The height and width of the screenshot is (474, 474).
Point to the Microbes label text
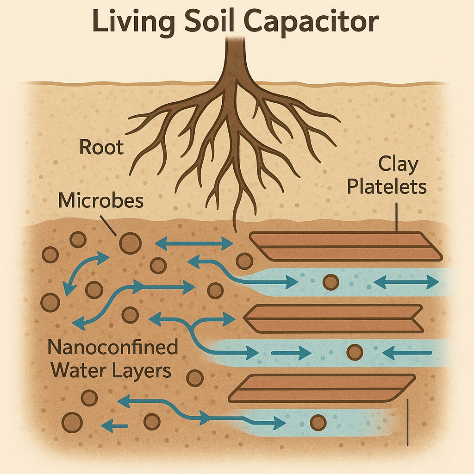click(101, 201)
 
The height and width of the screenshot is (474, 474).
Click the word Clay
click(398, 164)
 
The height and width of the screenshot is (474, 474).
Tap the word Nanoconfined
click(113, 348)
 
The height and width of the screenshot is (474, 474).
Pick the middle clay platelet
click(333, 318)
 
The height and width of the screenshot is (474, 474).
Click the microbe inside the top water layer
click(331, 282)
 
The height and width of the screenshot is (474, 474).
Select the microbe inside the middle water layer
click(355, 352)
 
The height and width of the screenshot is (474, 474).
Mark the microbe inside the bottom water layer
click(318, 422)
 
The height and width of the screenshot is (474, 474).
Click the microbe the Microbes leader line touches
click(130, 243)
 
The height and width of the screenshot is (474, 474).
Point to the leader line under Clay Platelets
click(397, 218)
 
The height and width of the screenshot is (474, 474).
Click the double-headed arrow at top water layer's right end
click(406, 281)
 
